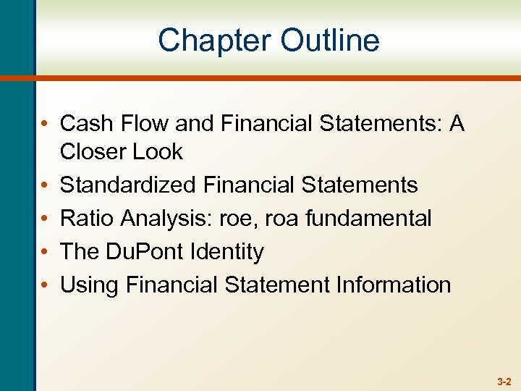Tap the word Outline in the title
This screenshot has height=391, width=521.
tap(330, 41)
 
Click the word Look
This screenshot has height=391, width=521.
tap(158, 152)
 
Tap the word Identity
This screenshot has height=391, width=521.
tap(228, 252)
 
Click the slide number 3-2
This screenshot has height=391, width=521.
tap(504, 381)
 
